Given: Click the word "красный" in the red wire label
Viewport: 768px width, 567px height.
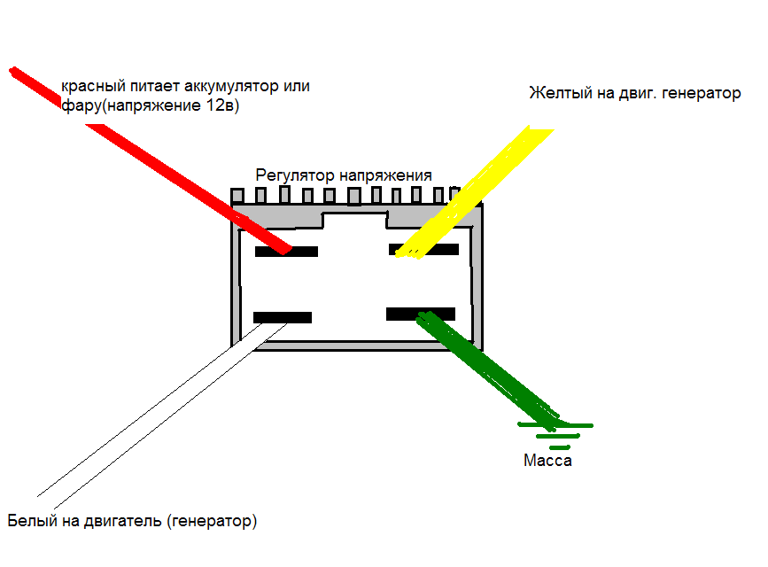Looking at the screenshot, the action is [93, 86].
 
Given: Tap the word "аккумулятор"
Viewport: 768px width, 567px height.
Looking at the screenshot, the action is [230, 86].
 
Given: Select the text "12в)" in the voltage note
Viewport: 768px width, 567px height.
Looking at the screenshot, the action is [222, 105].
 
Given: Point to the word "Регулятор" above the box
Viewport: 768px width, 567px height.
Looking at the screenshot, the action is [295, 175].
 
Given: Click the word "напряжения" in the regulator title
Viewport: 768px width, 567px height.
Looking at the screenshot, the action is [385, 175].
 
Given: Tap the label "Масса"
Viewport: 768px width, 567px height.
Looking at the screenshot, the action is [547, 461].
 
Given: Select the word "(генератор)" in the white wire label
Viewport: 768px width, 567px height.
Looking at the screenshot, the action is [212, 521].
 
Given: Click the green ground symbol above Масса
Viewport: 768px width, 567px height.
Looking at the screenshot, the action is [555, 435].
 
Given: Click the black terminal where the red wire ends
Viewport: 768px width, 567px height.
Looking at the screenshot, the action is [286, 252].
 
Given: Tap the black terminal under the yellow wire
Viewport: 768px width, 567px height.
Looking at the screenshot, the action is [423, 250].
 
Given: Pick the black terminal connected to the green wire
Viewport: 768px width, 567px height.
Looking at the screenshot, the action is [420, 315].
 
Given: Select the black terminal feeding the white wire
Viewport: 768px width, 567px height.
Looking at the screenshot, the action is [282, 317].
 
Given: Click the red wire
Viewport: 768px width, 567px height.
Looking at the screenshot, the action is [151, 160].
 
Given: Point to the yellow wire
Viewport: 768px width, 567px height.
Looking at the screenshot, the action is [474, 192].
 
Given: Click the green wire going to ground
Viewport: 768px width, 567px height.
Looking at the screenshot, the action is [487, 370].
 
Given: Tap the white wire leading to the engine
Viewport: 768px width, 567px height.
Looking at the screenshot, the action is [161, 416].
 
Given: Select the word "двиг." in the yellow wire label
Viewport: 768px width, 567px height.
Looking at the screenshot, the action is [638, 94].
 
